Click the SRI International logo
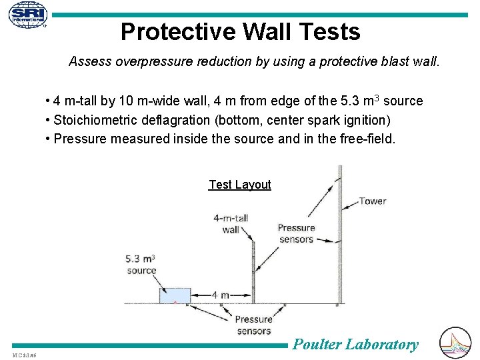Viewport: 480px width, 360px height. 28,15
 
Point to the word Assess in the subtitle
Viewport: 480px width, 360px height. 90,62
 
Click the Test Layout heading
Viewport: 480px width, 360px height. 239,185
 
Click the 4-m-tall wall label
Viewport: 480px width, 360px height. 231,223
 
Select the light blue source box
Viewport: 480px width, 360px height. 175,295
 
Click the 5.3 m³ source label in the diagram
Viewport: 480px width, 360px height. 141,264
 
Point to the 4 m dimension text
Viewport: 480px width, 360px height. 221,295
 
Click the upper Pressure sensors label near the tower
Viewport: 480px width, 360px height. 296,233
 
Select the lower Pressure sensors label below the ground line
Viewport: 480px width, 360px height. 253,325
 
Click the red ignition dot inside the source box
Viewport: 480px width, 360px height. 175,303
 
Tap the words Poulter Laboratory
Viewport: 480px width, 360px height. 355,344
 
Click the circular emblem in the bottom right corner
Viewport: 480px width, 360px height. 456,343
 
